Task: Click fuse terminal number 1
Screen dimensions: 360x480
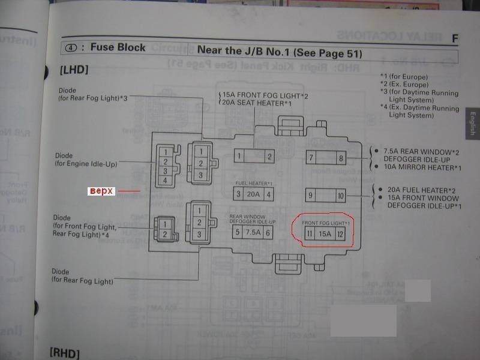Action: (x=239, y=157)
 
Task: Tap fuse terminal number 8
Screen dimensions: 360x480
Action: (x=341, y=158)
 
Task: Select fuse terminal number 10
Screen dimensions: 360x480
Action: (x=341, y=196)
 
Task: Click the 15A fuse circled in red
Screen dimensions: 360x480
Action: (x=325, y=233)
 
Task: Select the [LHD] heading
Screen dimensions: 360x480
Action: (x=74, y=70)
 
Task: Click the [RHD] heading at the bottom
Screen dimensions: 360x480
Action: (x=65, y=353)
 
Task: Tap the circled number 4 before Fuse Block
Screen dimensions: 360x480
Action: (x=71, y=47)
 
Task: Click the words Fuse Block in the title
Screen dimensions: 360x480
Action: (x=118, y=47)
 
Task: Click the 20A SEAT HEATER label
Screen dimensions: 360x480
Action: (x=257, y=104)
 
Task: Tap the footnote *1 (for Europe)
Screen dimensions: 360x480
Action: (x=404, y=77)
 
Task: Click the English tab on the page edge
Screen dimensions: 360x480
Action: (x=472, y=124)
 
